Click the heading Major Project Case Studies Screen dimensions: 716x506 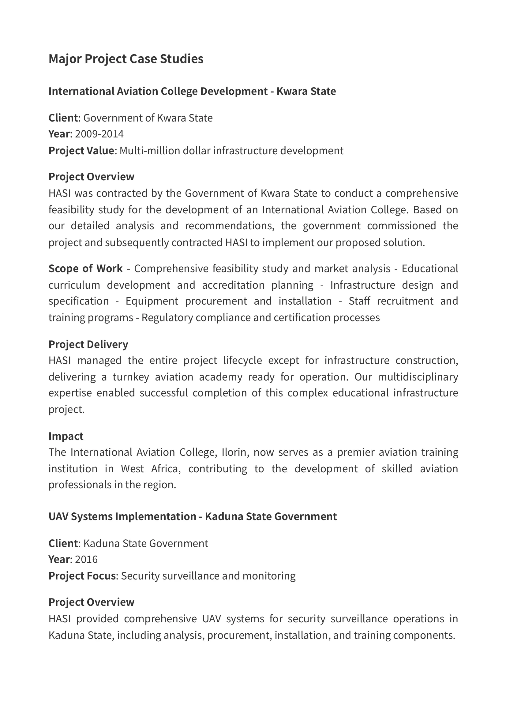(126, 59)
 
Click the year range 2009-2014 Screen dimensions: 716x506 (99, 134)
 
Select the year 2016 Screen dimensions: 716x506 (86, 560)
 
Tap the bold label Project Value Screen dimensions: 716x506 (81, 151)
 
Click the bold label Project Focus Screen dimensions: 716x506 (82, 576)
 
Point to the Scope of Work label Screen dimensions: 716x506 (85, 268)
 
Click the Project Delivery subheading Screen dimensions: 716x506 (88, 344)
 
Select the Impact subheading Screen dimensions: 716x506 (66, 436)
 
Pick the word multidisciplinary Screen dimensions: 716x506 (418, 377)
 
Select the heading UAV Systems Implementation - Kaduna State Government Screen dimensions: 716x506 (193, 516)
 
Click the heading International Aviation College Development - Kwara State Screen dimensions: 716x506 (192, 91)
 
